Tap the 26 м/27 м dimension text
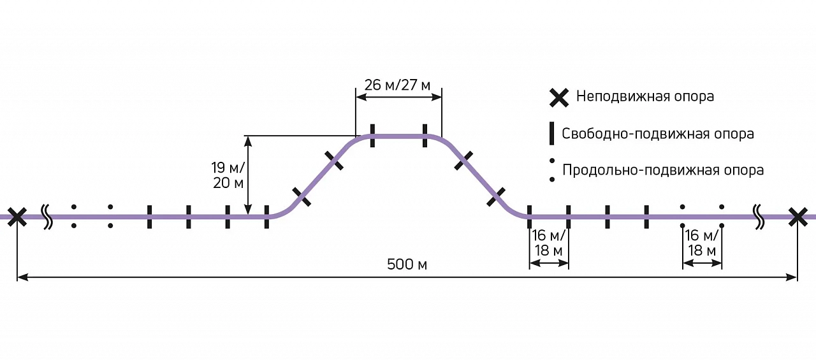(x=397, y=85)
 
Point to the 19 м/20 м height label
(x=228, y=175)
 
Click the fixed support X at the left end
(x=17, y=217)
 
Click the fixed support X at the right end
(x=798, y=217)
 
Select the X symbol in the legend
(x=559, y=97)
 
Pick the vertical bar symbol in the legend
(x=552, y=134)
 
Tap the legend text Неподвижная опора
(x=645, y=97)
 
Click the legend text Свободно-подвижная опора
(x=658, y=134)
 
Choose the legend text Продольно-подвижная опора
(x=663, y=171)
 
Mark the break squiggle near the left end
(x=47, y=217)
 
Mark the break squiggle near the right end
(x=759, y=216)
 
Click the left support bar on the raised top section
(x=372, y=136)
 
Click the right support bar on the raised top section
(x=425, y=136)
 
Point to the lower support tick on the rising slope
(x=302, y=198)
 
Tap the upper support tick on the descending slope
(x=463, y=161)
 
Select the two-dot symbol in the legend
(x=552, y=171)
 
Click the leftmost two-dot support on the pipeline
(x=74, y=217)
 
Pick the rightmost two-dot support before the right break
(x=722, y=217)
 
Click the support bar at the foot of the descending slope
(x=529, y=217)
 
